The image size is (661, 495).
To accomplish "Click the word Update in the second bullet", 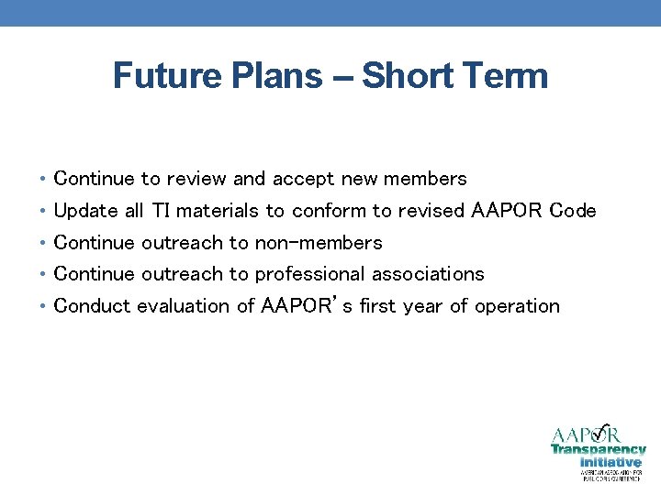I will click(x=85, y=212).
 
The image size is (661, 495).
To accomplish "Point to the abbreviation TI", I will click(x=161, y=211).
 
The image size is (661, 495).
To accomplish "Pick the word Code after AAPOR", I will click(x=572, y=211).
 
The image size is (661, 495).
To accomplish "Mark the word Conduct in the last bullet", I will click(x=92, y=306).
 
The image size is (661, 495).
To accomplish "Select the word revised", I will click(x=431, y=211).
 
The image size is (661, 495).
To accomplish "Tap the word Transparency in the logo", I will click(x=599, y=450).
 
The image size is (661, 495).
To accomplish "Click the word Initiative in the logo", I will click(x=611, y=462).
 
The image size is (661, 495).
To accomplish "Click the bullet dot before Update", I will click(x=44, y=212).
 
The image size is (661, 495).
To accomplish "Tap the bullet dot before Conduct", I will click(x=44, y=307).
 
